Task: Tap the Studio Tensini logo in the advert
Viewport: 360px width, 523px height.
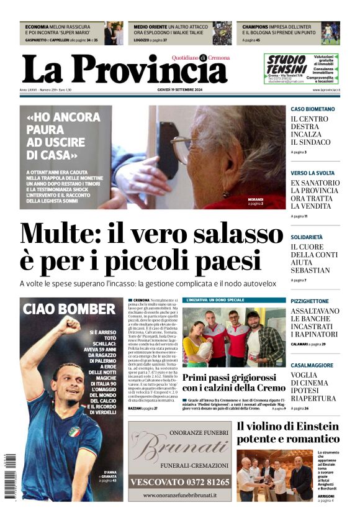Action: point(287,65)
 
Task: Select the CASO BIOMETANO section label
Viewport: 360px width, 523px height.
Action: point(313,109)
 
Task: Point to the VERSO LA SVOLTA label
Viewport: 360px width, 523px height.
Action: point(313,173)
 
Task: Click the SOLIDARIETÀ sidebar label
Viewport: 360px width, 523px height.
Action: point(307,237)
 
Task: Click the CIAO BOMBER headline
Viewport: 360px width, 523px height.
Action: point(69,309)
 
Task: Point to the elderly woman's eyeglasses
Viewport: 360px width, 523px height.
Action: point(180,149)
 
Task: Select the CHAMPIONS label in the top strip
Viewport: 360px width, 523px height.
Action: point(255,27)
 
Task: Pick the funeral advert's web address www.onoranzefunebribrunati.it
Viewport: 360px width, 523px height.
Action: point(180,496)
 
